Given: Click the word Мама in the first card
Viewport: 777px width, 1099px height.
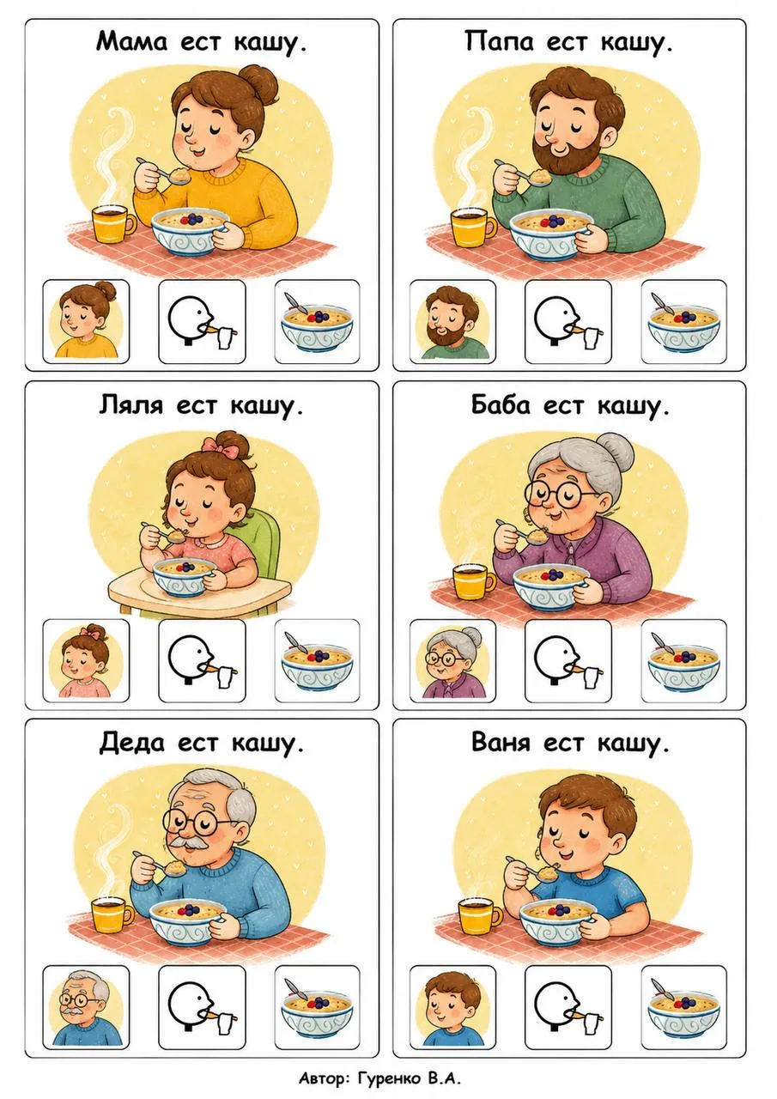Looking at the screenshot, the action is [132, 42].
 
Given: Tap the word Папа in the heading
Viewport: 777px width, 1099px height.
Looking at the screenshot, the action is [499, 42].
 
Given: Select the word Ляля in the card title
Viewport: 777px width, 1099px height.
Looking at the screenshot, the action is [131, 406].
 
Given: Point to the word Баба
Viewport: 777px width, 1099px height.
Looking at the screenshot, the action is [501, 405].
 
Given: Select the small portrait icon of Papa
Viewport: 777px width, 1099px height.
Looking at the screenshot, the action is [452, 323].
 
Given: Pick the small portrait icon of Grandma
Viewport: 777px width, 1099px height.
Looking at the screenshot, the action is [453, 661].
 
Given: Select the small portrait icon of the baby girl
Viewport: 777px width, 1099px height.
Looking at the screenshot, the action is [87, 661].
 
